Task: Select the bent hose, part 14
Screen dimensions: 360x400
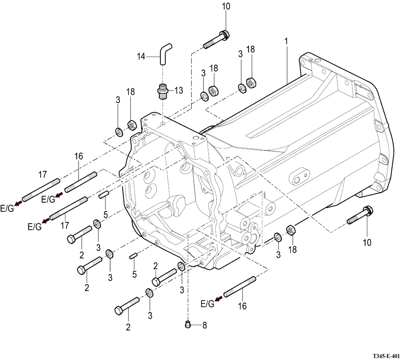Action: (x=164, y=53)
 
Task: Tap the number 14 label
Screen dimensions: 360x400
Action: (x=141, y=57)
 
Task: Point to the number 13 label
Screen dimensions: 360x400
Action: (x=178, y=90)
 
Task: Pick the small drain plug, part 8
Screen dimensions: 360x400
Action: (x=188, y=324)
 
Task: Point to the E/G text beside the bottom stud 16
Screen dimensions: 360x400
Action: (x=208, y=303)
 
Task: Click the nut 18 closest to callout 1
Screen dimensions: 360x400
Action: (x=250, y=82)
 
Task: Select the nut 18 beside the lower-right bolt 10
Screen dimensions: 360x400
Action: (x=290, y=229)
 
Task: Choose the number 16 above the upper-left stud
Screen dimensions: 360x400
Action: (x=78, y=156)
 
